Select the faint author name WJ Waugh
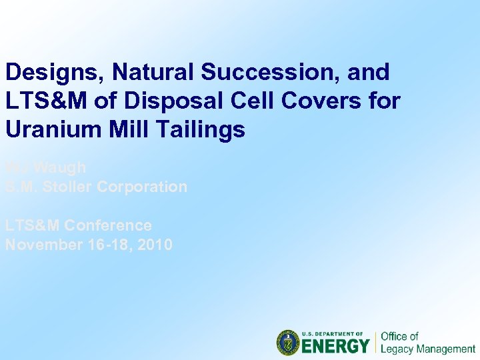point(45,167)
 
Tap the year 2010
point(155,245)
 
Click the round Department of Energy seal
point(289,343)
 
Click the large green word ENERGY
point(336,346)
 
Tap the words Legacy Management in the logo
point(427,349)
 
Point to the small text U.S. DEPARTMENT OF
point(332,333)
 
